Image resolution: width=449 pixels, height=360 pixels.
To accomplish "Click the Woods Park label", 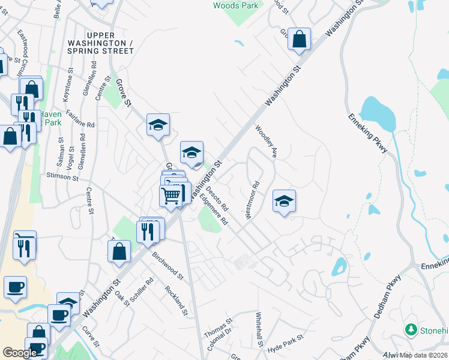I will [237, 5].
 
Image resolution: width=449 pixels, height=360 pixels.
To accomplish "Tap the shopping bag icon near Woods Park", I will [299, 40].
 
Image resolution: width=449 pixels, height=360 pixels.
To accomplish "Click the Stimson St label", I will [62, 178].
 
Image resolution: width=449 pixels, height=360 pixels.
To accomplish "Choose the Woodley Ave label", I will [267, 142].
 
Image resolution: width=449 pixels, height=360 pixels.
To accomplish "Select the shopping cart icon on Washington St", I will [171, 194].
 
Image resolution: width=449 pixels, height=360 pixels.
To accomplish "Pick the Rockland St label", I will [177, 300].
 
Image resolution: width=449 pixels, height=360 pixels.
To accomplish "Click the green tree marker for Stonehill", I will [411, 329].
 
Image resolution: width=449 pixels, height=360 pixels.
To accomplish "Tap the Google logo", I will [20, 352].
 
